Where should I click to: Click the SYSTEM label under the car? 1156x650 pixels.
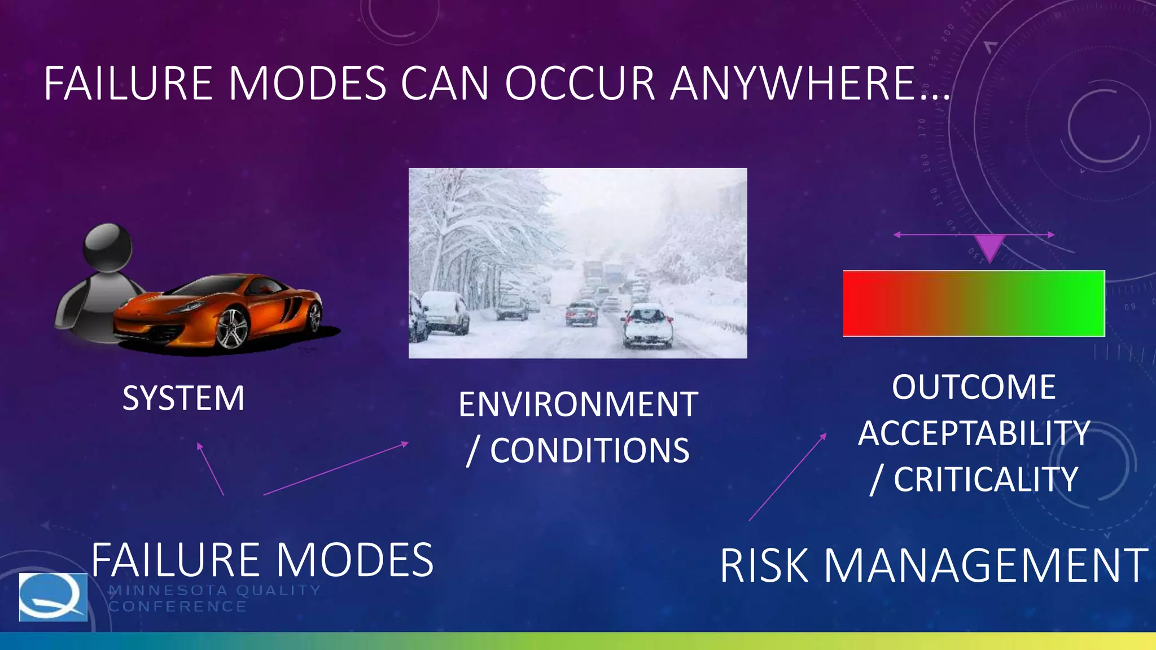(x=183, y=398)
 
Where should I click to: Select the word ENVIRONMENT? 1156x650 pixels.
(x=578, y=405)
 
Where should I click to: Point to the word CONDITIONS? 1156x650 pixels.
(x=589, y=450)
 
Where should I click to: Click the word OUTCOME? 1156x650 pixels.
(x=974, y=387)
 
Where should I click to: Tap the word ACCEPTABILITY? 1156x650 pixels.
(x=974, y=433)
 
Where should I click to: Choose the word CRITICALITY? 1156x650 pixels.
(x=986, y=480)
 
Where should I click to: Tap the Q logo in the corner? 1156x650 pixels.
(x=53, y=597)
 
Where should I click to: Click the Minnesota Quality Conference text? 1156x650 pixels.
(x=214, y=598)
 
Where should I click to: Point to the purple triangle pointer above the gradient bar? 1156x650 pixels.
(x=989, y=246)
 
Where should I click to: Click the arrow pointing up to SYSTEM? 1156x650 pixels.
(x=210, y=468)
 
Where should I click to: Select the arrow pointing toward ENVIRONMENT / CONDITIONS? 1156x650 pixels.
(x=336, y=468)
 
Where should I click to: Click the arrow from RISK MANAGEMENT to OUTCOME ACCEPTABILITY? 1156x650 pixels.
(x=787, y=477)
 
